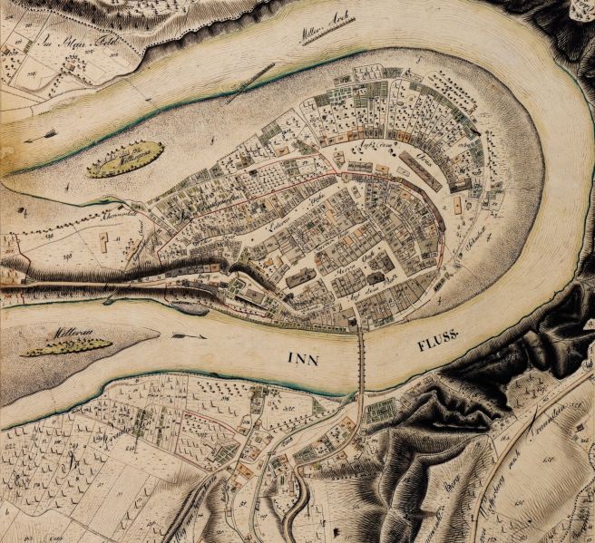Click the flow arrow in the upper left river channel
click(x=41, y=137)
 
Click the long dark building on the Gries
click(x=420, y=170)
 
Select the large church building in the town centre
click(x=301, y=276)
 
